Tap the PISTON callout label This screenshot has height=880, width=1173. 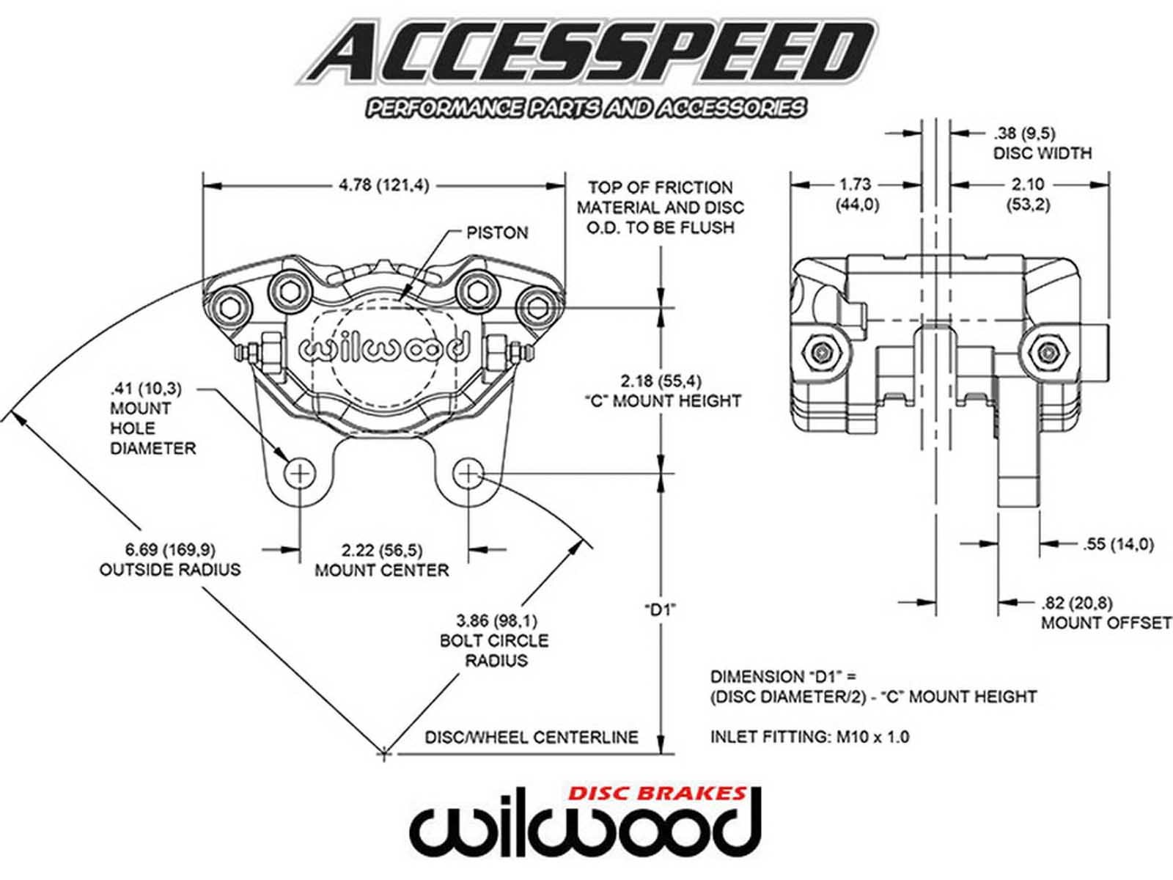coord(497,233)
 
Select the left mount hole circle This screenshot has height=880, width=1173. coord(300,474)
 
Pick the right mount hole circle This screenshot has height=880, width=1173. coord(468,474)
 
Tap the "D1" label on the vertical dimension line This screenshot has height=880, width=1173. coord(660,609)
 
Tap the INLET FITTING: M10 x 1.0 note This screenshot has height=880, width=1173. coord(809,736)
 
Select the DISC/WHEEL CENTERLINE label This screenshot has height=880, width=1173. coord(532,737)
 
